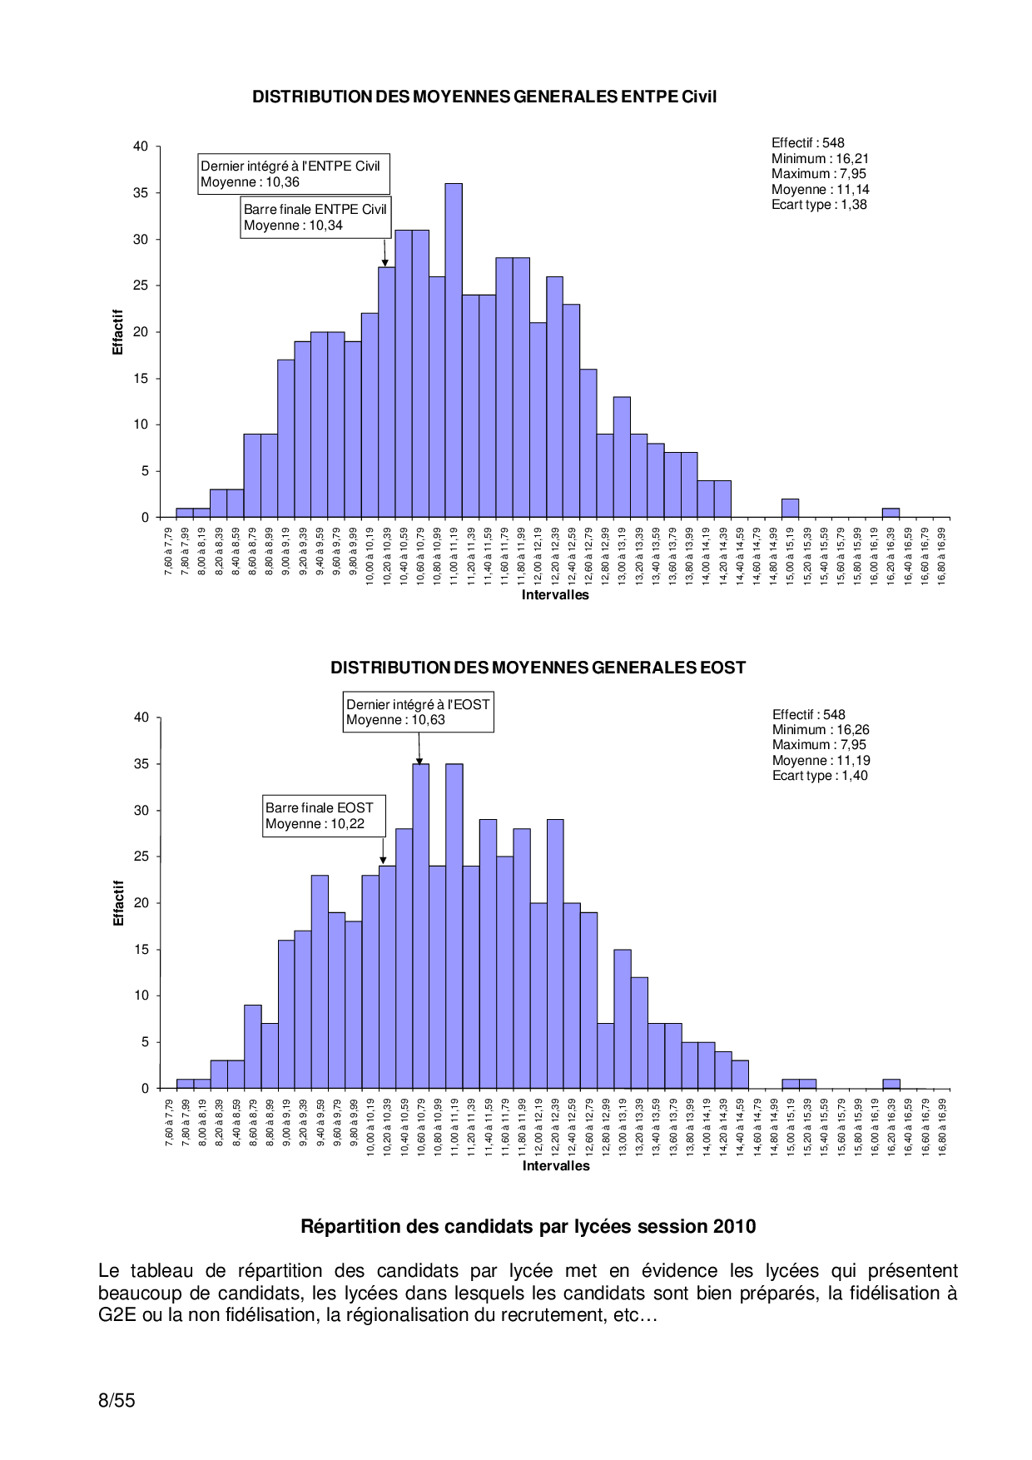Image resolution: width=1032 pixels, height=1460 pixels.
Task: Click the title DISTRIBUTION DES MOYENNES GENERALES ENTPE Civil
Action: (x=484, y=97)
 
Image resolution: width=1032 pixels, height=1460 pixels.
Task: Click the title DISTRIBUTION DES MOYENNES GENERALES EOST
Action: (x=538, y=668)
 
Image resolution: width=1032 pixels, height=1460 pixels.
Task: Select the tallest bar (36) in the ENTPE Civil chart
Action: (x=454, y=350)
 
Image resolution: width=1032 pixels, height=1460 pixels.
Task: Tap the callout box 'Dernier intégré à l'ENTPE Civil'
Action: (x=294, y=174)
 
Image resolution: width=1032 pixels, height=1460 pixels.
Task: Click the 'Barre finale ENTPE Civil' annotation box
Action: (x=315, y=217)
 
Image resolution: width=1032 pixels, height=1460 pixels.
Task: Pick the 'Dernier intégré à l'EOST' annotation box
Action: (x=418, y=713)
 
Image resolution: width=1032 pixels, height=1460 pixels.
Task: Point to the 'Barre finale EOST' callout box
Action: (x=324, y=816)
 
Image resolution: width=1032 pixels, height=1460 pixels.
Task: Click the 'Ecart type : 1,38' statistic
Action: (x=819, y=205)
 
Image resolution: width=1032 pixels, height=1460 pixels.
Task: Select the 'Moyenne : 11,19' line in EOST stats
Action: (x=821, y=761)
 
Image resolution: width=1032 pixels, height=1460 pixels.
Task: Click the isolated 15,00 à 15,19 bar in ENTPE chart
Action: (x=790, y=509)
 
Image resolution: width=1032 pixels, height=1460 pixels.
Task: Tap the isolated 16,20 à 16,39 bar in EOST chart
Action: (x=891, y=1084)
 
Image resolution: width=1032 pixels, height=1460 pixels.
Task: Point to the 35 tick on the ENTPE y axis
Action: (x=141, y=193)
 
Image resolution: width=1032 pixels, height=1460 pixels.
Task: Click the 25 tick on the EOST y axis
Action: (x=141, y=857)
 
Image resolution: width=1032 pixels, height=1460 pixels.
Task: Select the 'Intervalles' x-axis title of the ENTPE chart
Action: (x=555, y=595)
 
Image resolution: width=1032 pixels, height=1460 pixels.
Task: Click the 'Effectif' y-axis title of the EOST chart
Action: (x=118, y=903)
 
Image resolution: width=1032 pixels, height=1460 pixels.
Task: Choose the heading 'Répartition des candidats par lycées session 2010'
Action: (x=528, y=1227)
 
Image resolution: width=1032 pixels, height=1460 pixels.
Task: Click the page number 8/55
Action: (x=117, y=1400)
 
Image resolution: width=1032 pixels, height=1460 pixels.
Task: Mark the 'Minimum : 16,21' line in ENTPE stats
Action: (x=820, y=159)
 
